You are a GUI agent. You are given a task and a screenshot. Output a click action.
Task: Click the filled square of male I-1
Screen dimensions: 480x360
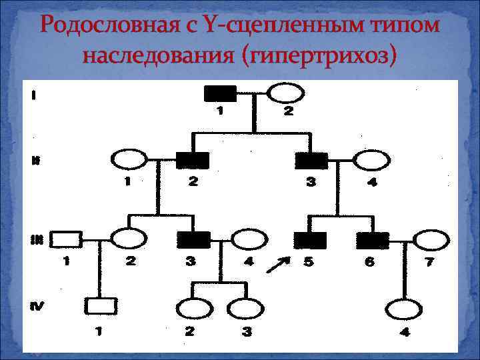pyautogui.click(x=219, y=93)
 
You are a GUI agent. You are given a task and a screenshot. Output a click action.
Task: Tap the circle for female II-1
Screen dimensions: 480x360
pyautogui.click(x=128, y=161)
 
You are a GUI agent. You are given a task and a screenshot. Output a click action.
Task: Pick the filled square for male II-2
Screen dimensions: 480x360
pyautogui.click(x=193, y=161)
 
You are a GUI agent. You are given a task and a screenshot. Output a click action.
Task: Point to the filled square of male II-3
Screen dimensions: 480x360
pyautogui.click(x=311, y=161)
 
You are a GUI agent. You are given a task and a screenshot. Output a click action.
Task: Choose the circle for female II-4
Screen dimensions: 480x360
pyautogui.click(x=371, y=161)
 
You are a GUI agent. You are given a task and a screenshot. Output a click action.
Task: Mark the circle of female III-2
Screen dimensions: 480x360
pyautogui.click(x=128, y=239)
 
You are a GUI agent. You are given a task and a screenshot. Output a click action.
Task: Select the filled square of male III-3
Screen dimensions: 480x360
pyautogui.click(x=194, y=239)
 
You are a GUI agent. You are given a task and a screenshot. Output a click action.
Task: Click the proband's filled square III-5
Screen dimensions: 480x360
pyautogui.click(x=309, y=239)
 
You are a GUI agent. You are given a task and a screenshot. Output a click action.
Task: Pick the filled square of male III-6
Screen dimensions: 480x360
pyautogui.click(x=372, y=239)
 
